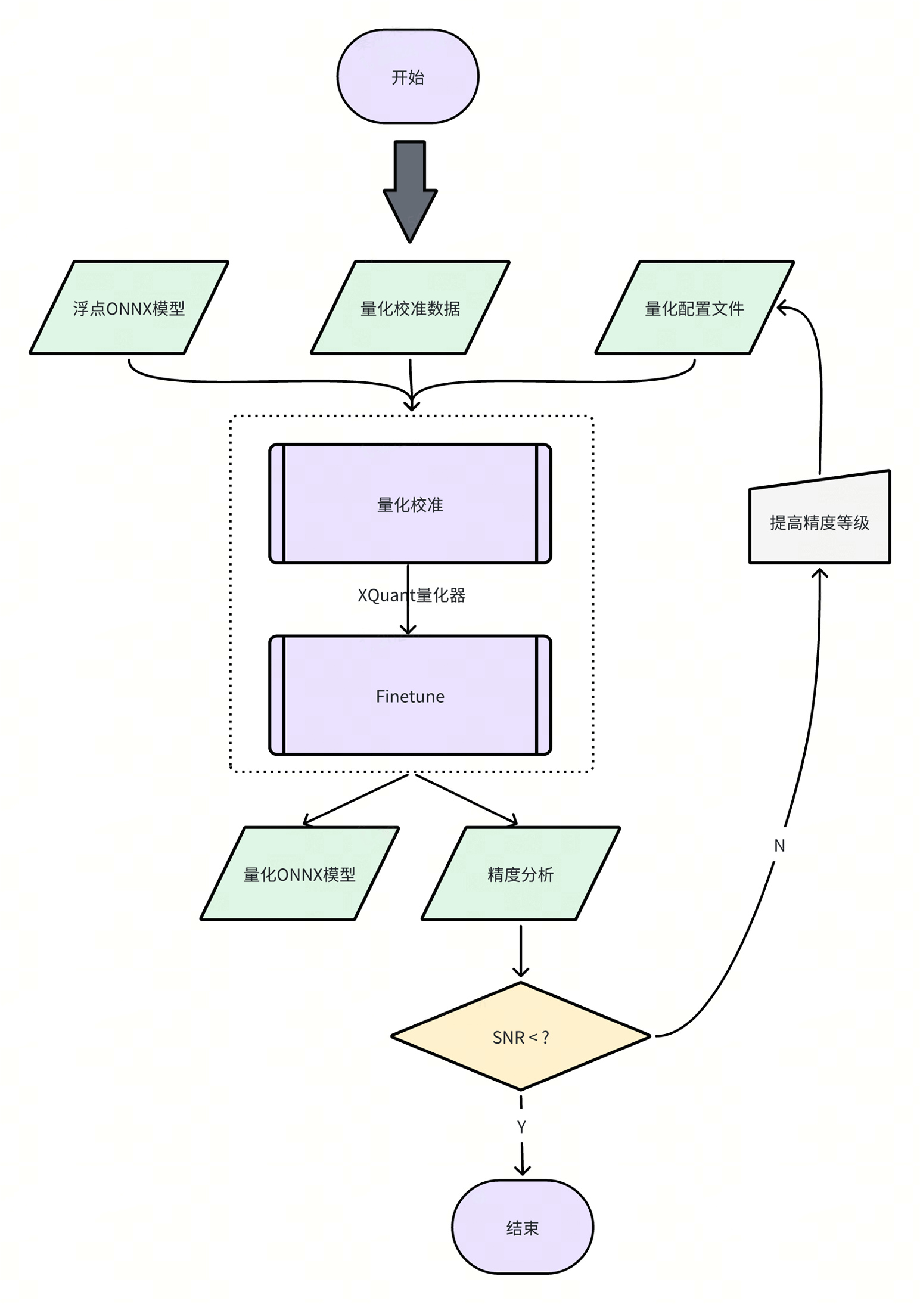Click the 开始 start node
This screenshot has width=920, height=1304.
pyautogui.click(x=408, y=76)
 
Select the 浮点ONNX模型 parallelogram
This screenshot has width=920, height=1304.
pyautogui.click(x=129, y=308)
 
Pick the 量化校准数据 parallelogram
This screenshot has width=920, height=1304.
pyautogui.click(x=410, y=308)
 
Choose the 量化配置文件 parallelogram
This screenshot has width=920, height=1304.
pyautogui.click(x=694, y=308)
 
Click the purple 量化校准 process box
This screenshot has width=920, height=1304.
pyautogui.click(x=410, y=504)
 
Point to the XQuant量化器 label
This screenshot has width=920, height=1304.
pyautogui.click(x=411, y=595)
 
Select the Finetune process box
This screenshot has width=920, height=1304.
pyautogui.click(x=410, y=696)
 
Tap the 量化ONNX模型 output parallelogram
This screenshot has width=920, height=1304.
pyautogui.click(x=299, y=874)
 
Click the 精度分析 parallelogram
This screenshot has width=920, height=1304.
pyautogui.click(x=520, y=874)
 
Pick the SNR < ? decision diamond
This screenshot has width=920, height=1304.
pyautogui.click(x=520, y=1037)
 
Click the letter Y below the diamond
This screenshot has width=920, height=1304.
pyautogui.click(x=521, y=1127)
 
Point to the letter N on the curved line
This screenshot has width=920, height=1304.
pyautogui.click(x=779, y=845)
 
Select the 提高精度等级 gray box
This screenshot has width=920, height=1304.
pyautogui.click(x=819, y=521)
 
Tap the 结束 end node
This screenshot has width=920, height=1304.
pyautogui.click(x=522, y=1228)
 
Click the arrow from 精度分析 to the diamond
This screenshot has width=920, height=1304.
pyautogui.click(x=521, y=951)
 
